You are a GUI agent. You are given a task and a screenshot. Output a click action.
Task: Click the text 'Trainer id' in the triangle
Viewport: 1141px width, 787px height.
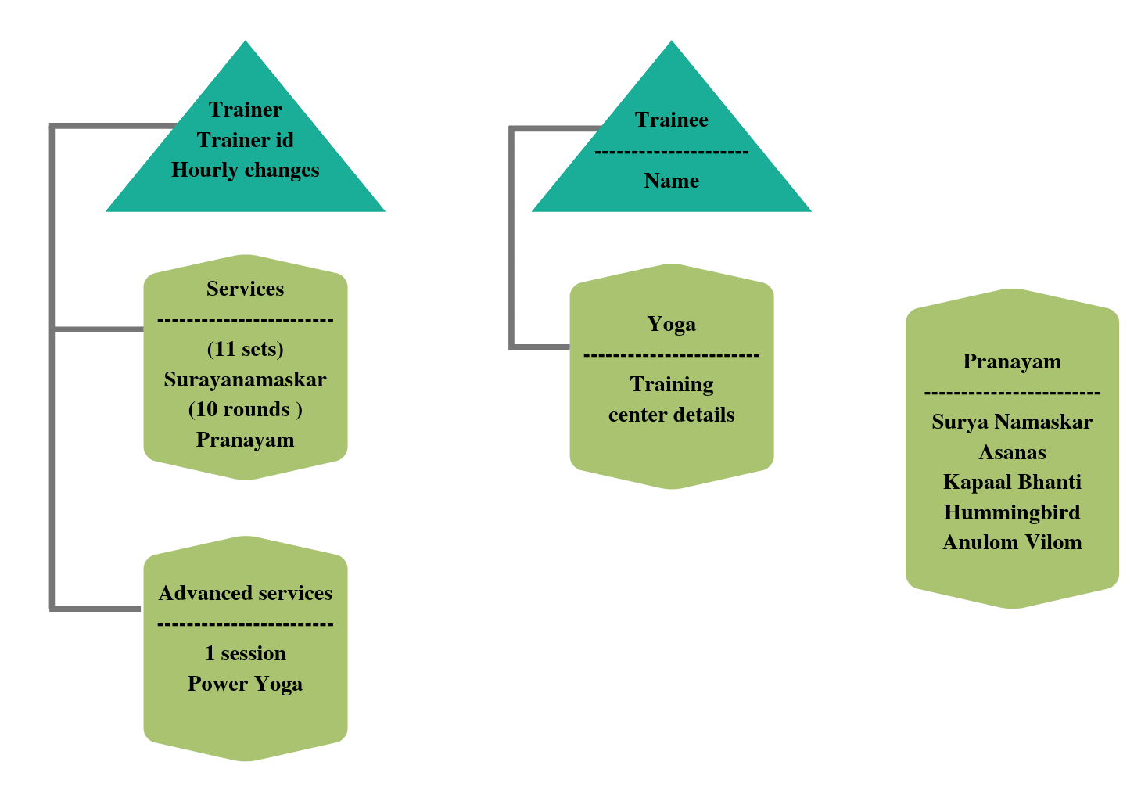coord(245,140)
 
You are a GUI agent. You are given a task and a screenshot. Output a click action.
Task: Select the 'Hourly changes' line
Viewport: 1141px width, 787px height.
coord(245,170)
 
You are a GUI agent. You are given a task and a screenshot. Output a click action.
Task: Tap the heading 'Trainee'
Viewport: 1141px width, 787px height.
coord(671,120)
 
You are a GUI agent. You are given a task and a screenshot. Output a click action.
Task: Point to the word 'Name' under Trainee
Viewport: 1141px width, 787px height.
coord(671,181)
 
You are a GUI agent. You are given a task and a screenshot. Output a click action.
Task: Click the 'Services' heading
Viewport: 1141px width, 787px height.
coord(245,289)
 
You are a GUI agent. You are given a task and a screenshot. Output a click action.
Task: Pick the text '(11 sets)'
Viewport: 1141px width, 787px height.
coord(245,349)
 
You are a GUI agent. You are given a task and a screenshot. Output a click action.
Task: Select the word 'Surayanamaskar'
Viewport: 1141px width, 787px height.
coord(245,379)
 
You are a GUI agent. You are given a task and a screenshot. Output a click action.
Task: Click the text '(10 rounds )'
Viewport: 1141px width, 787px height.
coord(245,409)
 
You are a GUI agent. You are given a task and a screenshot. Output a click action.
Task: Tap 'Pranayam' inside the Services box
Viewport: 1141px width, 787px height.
coord(245,440)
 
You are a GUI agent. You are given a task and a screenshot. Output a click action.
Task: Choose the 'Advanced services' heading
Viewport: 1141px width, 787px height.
coord(245,593)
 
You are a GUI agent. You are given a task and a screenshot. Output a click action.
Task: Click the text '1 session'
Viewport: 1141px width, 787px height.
coord(245,653)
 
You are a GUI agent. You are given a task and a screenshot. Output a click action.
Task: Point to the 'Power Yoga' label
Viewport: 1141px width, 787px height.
coord(245,684)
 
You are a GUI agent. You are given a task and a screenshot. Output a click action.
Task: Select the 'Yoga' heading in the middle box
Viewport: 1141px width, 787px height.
coord(671,324)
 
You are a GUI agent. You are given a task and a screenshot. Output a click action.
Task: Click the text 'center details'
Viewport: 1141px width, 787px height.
coord(671,415)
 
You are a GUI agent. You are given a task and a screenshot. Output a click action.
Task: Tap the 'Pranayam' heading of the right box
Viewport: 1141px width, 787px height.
coord(1012,361)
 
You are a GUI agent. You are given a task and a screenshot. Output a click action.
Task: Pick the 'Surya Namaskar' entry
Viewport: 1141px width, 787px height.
coord(1012,422)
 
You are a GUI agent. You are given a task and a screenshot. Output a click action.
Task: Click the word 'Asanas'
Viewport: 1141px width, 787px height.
coord(1012,452)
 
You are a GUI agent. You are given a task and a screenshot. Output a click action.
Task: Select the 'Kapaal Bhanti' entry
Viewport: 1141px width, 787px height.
coord(1012,482)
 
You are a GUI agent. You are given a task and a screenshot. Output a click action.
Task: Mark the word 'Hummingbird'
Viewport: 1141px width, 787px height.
coord(1012,512)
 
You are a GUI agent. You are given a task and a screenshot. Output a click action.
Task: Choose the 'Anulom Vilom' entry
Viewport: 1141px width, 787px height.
coord(1012,542)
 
